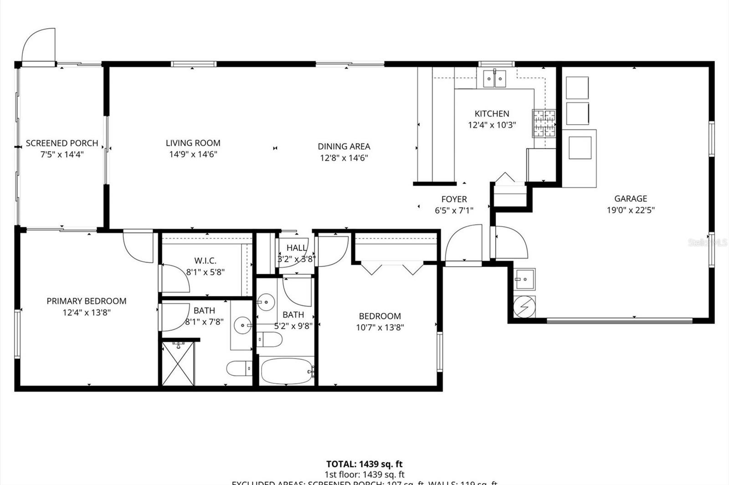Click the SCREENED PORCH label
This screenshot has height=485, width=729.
(x=62, y=143)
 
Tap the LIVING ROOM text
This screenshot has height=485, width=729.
(x=193, y=143)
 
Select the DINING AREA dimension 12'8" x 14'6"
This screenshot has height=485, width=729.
(x=344, y=158)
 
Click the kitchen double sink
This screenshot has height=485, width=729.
(x=494, y=79)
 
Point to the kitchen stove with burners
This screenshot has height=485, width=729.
(x=544, y=123)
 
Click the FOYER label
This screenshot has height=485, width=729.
(x=454, y=199)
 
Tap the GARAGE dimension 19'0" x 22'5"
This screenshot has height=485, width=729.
(x=631, y=210)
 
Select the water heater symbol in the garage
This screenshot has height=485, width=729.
(x=524, y=307)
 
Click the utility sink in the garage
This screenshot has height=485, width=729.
(x=525, y=277)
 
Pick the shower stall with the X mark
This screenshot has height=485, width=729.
(x=178, y=364)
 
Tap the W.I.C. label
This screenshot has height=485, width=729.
(x=205, y=261)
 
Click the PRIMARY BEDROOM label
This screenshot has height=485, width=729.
(x=87, y=301)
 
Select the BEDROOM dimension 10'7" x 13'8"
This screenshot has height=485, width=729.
(x=380, y=327)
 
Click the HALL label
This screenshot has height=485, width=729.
(x=297, y=248)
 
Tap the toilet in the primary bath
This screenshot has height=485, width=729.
(x=239, y=368)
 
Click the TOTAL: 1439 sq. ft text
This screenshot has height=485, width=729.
(x=364, y=464)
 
